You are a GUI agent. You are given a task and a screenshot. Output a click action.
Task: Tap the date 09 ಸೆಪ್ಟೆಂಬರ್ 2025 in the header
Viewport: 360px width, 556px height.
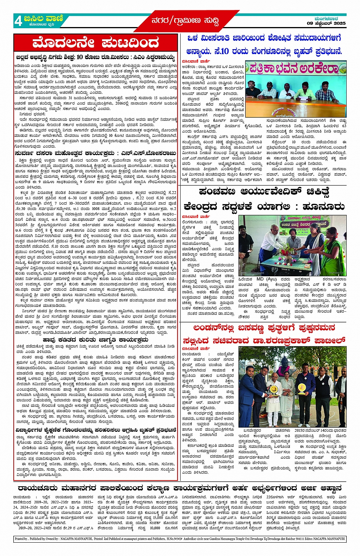[326, 24]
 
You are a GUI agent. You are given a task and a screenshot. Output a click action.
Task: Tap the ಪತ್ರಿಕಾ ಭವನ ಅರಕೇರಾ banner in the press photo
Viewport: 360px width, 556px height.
[295, 69]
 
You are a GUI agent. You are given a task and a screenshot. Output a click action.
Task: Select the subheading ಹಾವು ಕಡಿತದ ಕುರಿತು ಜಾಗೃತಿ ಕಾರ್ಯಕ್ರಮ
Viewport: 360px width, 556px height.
[95, 340]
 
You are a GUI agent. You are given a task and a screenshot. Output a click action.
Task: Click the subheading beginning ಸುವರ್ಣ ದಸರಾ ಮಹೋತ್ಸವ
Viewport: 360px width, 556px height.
[95, 153]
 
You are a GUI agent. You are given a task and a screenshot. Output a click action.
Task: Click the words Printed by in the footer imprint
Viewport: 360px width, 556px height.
[21, 539]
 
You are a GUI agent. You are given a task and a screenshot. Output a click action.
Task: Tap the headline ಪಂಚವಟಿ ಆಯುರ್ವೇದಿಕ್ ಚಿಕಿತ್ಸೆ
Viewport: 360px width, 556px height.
[264, 192]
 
